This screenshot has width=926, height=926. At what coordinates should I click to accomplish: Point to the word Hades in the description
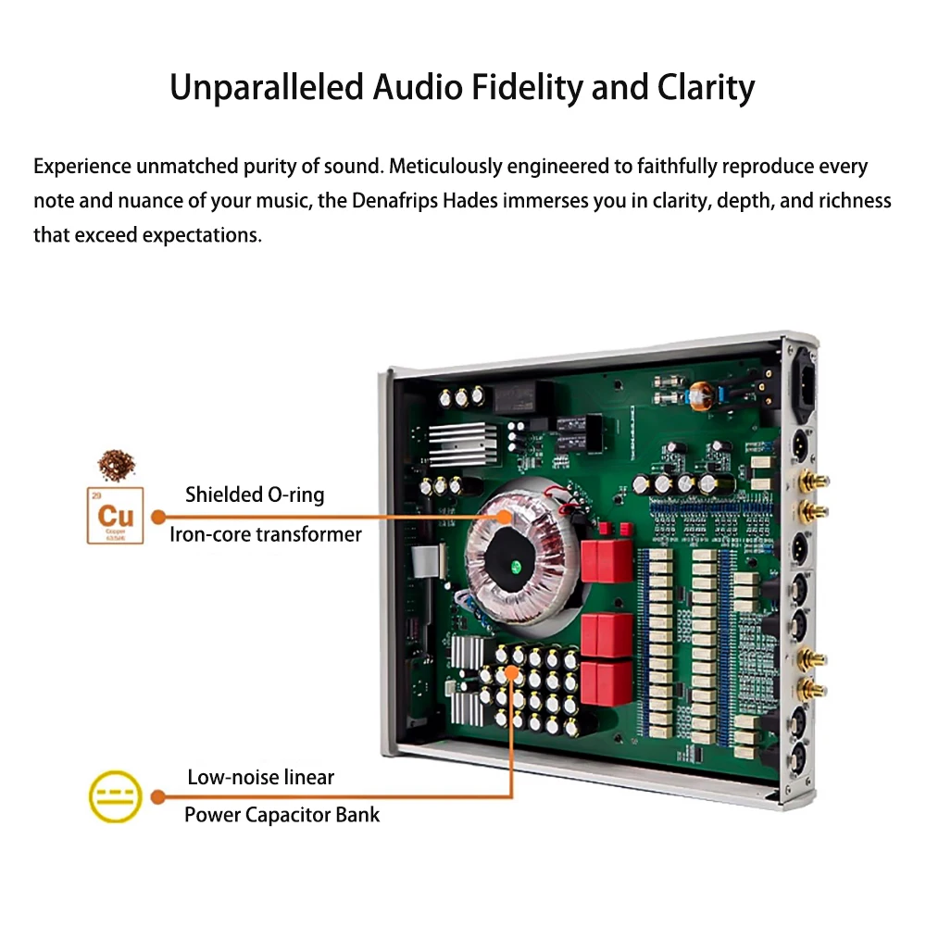tap(470, 201)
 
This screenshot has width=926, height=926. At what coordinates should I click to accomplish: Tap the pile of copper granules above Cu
tap(115, 461)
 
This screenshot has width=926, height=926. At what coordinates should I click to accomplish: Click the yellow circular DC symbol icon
tap(115, 796)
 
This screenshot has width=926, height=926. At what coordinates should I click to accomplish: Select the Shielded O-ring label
tap(255, 494)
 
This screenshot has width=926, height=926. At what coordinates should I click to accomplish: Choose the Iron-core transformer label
tap(265, 534)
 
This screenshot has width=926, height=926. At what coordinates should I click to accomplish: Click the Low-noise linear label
tap(260, 777)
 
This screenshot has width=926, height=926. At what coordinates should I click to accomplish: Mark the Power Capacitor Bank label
tap(282, 815)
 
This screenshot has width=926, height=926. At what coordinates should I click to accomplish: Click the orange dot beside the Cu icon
tap(158, 516)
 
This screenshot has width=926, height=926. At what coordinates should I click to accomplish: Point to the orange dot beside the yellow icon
tap(158, 796)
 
